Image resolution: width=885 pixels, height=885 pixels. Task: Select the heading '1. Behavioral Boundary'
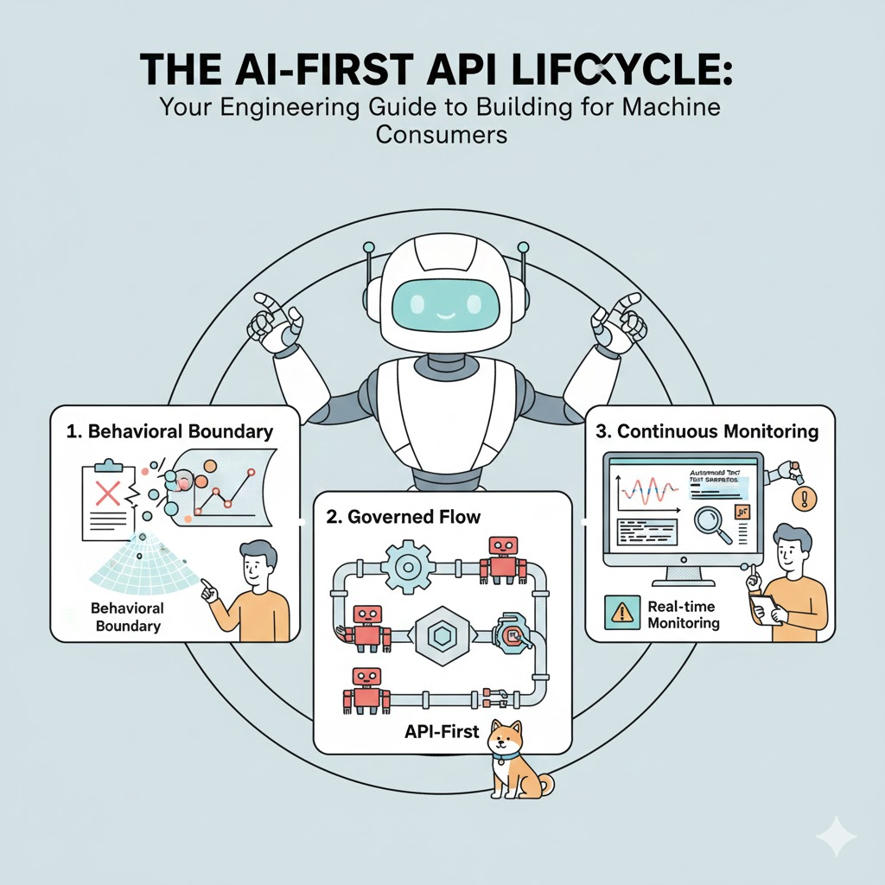(x=169, y=431)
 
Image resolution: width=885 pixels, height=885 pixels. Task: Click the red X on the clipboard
(x=108, y=493)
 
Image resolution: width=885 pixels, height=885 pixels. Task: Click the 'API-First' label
(x=442, y=731)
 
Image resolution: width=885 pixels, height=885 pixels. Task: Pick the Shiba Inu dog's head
(x=506, y=742)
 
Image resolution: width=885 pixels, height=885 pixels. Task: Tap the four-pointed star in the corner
(x=836, y=836)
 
